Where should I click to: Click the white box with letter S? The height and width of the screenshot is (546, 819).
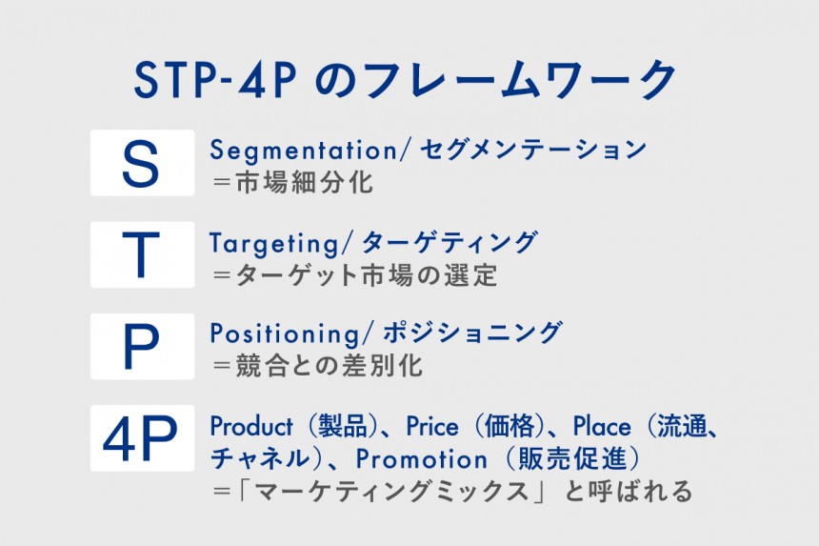pyautogui.click(x=142, y=163)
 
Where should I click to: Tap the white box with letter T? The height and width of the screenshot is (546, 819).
pyautogui.click(x=142, y=254)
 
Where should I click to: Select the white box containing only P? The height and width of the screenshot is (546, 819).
pyautogui.click(x=142, y=347)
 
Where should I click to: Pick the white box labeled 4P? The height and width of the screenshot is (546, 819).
pyautogui.click(x=142, y=437)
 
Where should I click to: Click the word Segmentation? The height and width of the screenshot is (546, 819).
pyautogui.click(x=304, y=152)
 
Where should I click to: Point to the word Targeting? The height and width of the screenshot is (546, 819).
pyautogui.click(x=274, y=244)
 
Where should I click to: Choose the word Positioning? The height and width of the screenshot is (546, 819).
pyautogui.click(x=285, y=334)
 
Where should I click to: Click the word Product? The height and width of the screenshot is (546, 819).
pyautogui.click(x=251, y=426)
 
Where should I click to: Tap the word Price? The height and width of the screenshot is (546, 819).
pyautogui.click(x=432, y=426)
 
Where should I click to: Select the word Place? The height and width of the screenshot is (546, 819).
pyautogui.click(x=602, y=426)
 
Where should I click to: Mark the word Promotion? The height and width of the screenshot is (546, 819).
pyautogui.click(x=422, y=459)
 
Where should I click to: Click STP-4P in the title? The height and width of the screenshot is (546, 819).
pyautogui.click(x=215, y=80)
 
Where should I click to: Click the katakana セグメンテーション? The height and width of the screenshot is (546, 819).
pyautogui.click(x=533, y=151)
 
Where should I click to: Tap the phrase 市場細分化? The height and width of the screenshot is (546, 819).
pyautogui.click(x=305, y=183)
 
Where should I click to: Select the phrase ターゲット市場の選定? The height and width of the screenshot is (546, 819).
pyautogui.click(x=366, y=274)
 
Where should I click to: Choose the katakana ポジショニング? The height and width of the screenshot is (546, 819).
pyautogui.click(x=472, y=334)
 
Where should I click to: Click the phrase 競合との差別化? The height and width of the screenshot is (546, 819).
pyautogui.click(x=330, y=366)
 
